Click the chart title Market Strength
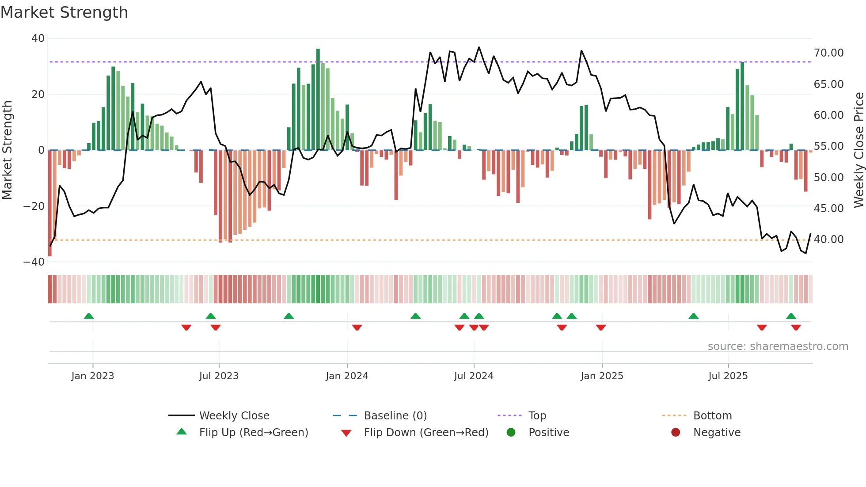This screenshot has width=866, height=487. coord(64,12)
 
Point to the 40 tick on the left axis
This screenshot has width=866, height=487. coord(38,38)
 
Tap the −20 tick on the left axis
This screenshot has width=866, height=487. coord(34,206)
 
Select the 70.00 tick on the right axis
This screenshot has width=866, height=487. coord(828,53)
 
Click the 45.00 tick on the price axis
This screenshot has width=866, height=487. coord(828,208)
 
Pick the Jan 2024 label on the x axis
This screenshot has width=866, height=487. coord(347,376)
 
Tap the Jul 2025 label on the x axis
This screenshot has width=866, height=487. coord(728,376)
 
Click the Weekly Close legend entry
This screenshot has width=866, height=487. coord(234,416)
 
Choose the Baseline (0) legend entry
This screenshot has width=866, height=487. coord(395,416)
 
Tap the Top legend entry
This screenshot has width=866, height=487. coord(537,416)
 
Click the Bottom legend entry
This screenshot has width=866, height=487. coord(712,416)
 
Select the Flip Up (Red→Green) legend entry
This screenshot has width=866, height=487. coord(253,433)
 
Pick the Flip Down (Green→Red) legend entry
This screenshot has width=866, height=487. coord(426,433)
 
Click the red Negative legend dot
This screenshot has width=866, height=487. coord(676,433)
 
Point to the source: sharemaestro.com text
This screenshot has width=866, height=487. coord(778,346)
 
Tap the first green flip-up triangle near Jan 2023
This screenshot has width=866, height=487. coord(89,316)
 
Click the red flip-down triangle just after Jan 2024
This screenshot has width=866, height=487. coord(357,327)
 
